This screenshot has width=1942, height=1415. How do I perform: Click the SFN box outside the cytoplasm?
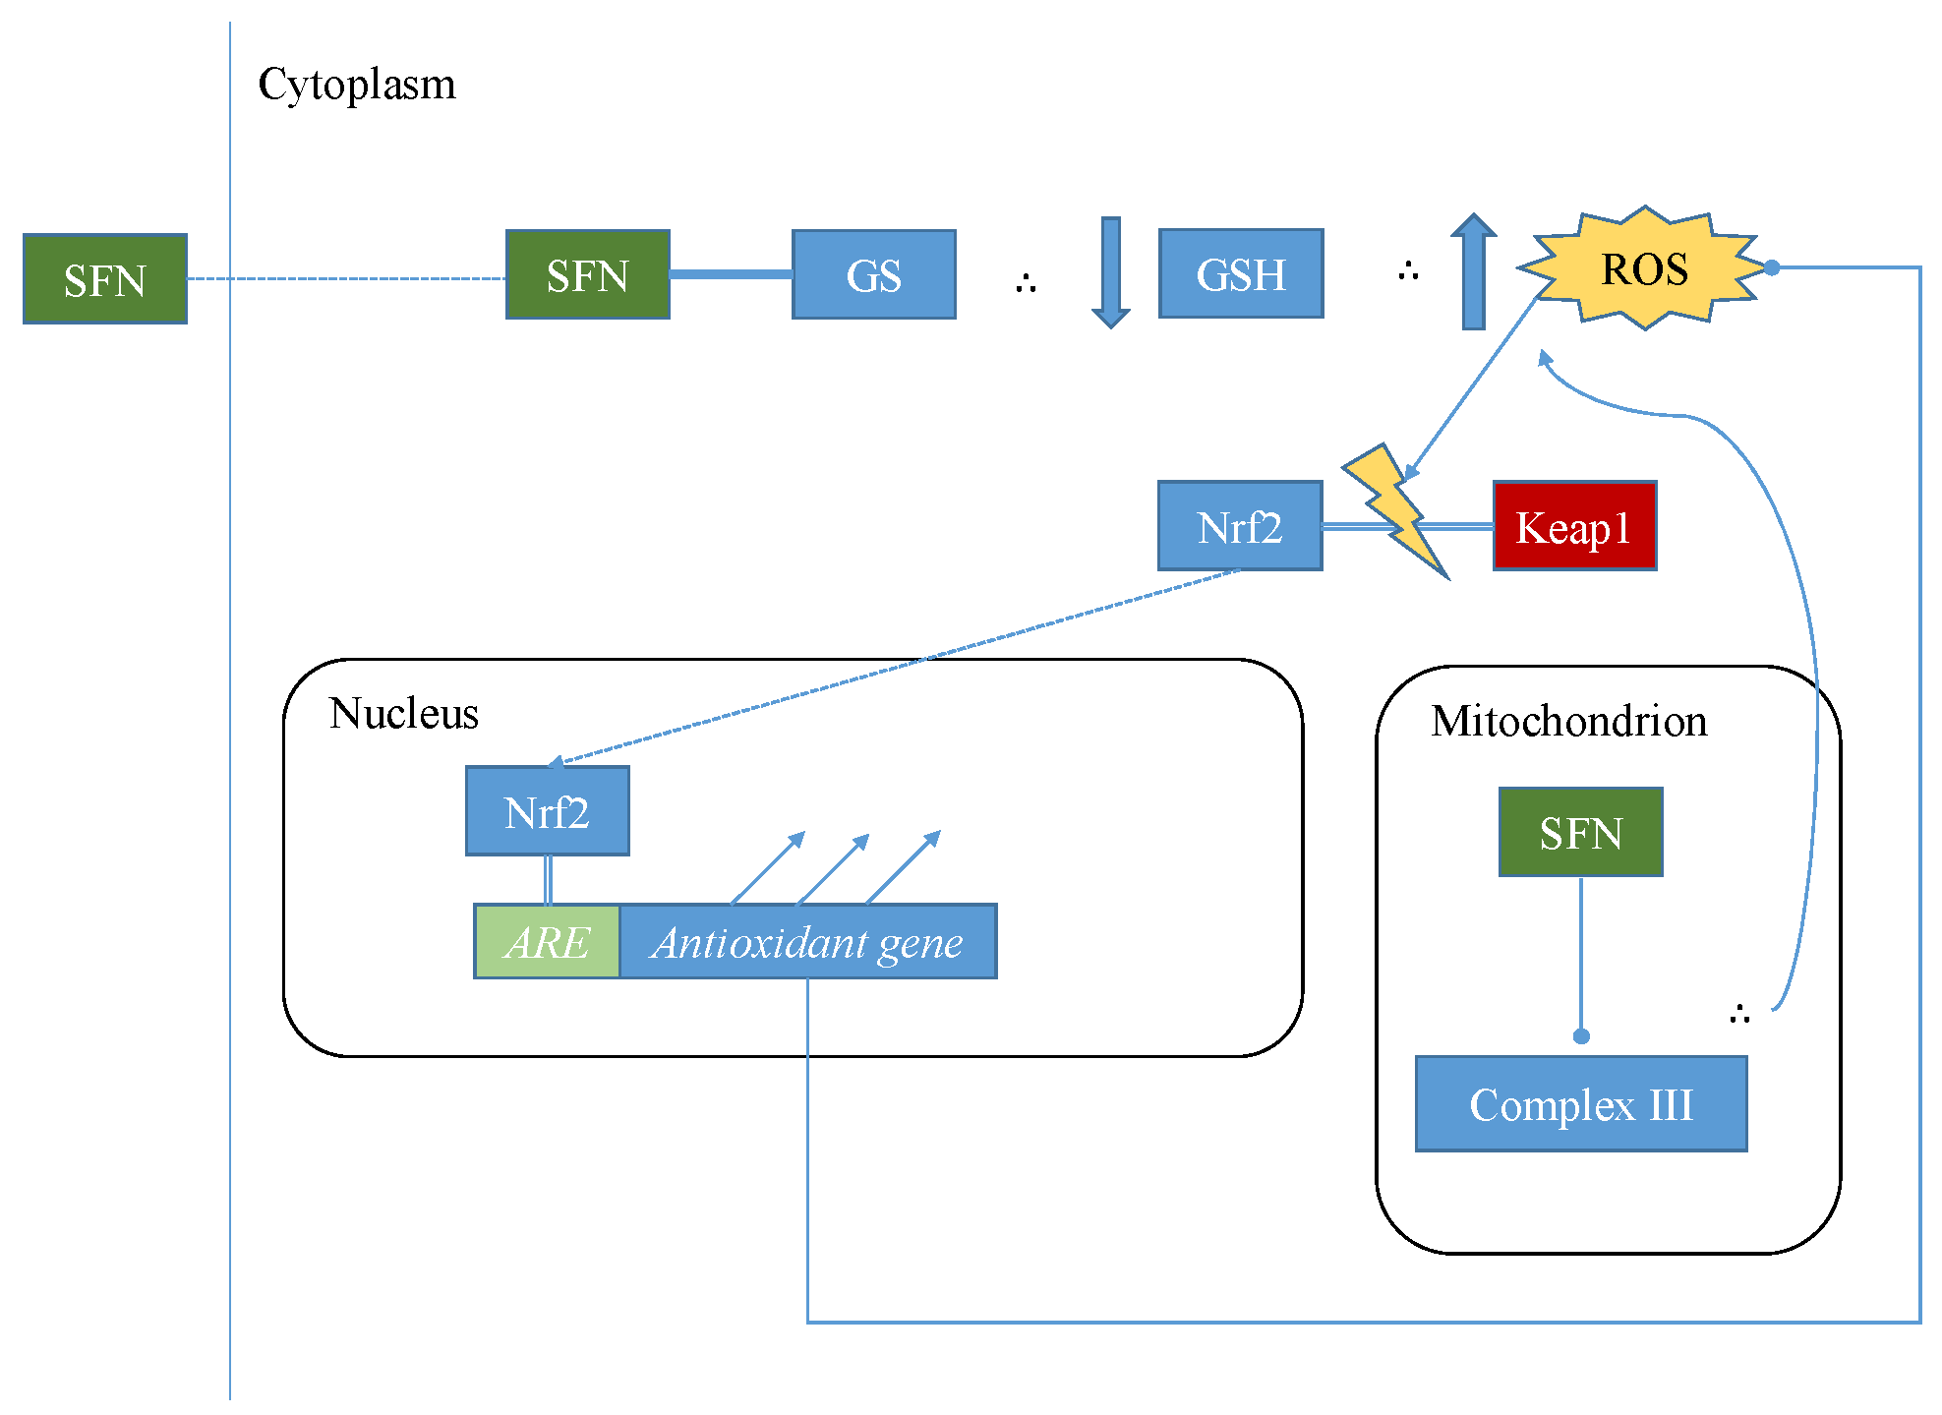(x=105, y=279)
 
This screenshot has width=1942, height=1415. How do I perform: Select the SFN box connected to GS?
(x=588, y=275)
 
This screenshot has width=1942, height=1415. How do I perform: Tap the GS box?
(x=873, y=275)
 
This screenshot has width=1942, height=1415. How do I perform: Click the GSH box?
(x=1241, y=274)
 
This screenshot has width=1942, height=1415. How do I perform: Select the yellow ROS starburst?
(x=1644, y=268)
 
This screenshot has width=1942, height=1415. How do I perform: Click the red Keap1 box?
(x=1574, y=527)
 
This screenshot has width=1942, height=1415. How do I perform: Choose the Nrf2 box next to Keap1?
(x=1240, y=527)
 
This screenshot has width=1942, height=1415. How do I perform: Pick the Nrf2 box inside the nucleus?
(x=548, y=811)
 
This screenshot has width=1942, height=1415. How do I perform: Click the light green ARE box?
(x=547, y=942)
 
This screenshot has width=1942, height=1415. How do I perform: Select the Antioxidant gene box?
(x=807, y=942)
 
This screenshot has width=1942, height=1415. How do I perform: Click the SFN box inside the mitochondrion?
(x=1580, y=832)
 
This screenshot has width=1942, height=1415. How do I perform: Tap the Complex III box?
(x=1580, y=1104)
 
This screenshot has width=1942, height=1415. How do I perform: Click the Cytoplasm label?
(x=357, y=85)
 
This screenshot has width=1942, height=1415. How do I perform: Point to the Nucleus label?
(x=403, y=713)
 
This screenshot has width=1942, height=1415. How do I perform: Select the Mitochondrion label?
(x=1568, y=721)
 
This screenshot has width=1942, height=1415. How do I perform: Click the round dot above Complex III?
(x=1581, y=1036)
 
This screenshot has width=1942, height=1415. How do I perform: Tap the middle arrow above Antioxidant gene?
(x=833, y=869)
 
